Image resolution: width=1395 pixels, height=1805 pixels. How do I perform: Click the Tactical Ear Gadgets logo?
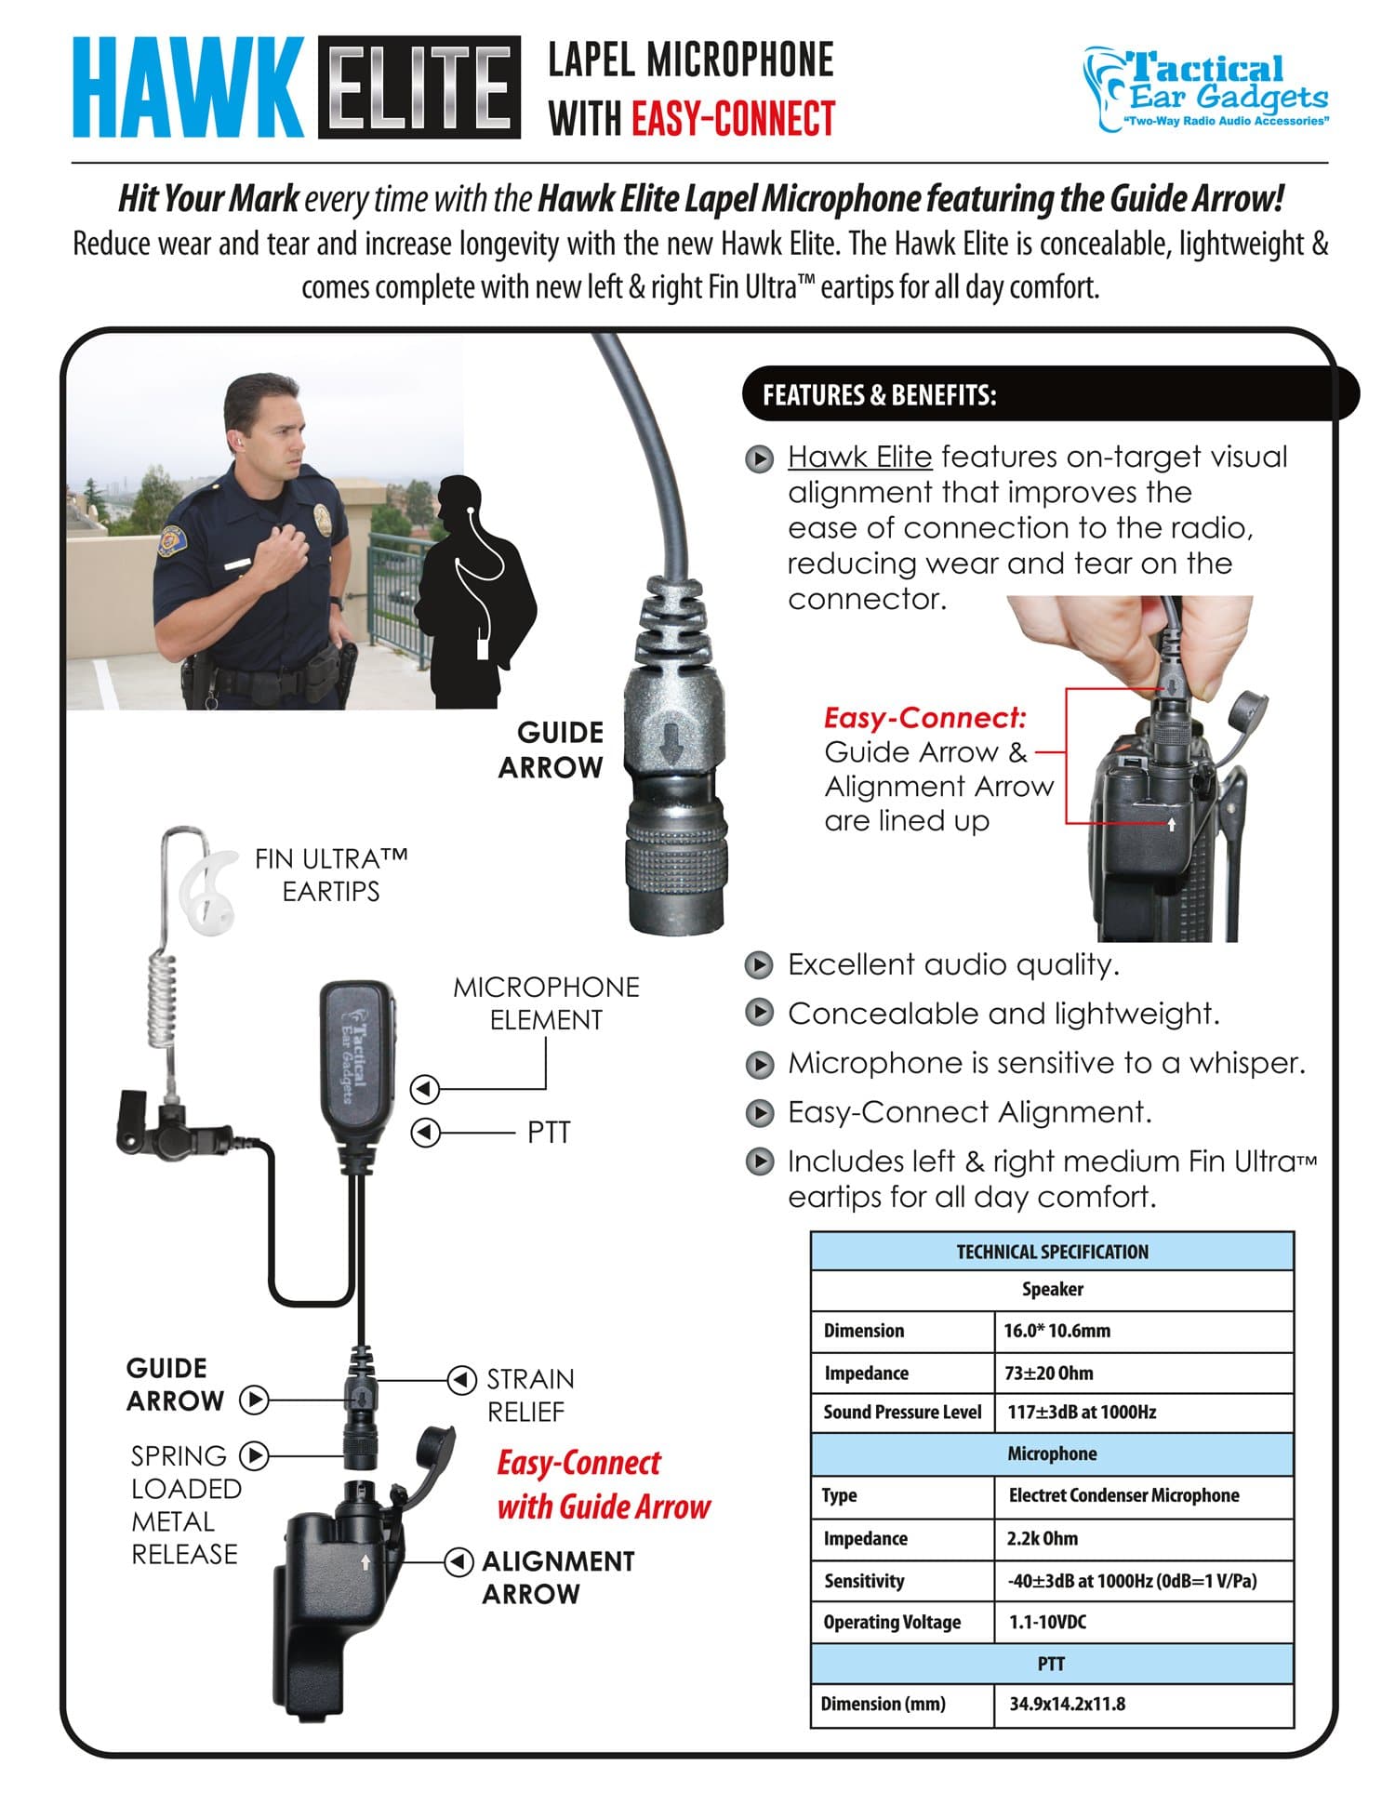click(1205, 89)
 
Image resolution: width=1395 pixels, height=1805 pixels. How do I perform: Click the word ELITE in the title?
click(418, 87)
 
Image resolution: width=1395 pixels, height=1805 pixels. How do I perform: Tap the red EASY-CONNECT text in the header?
click(733, 119)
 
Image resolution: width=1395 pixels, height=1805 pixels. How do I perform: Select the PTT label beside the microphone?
click(548, 1133)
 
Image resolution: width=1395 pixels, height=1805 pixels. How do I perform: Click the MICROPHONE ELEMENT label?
click(546, 1003)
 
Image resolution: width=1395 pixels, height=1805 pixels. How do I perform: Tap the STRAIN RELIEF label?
click(529, 1395)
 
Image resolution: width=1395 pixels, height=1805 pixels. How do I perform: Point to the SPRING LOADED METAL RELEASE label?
click(185, 1505)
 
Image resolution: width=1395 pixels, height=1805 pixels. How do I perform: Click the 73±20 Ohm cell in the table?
click(1049, 1373)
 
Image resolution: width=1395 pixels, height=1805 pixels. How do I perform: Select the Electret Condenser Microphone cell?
click(1123, 1495)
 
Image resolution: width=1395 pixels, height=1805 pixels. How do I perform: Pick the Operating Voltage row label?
click(891, 1623)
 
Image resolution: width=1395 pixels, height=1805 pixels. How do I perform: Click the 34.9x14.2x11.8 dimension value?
click(1067, 1705)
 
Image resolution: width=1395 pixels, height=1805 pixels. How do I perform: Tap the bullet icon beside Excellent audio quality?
click(760, 965)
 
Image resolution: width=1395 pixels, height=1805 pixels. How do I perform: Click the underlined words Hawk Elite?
click(859, 458)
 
